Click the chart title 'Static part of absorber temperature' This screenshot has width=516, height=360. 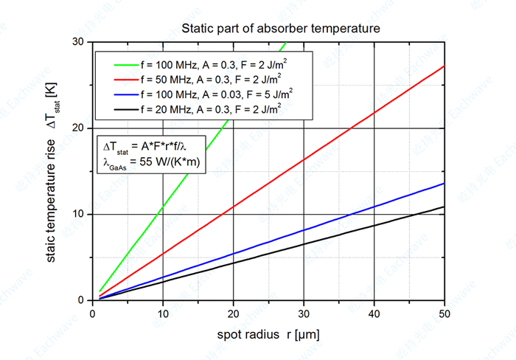(281, 30)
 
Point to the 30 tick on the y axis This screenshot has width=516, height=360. (80, 42)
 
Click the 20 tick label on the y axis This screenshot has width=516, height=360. (80, 128)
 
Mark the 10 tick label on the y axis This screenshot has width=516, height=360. (80, 215)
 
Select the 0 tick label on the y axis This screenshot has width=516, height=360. (83, 300)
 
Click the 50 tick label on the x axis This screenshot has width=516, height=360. (444, 312)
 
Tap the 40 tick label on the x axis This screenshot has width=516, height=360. (374, 312)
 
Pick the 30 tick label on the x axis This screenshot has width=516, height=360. (304, 312)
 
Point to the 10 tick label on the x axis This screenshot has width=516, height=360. (163, 312)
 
